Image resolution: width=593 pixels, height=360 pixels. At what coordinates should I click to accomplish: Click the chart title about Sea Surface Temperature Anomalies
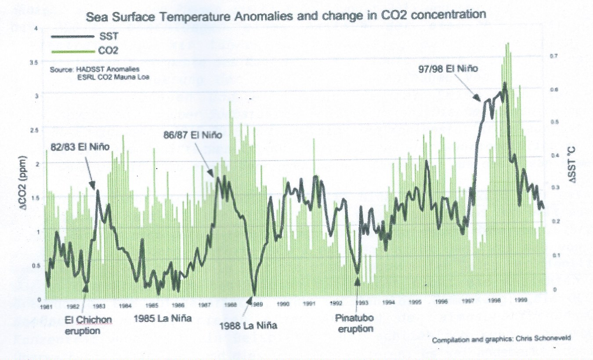point(286,15)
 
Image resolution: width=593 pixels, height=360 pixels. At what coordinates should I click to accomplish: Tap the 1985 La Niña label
point(163,318)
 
